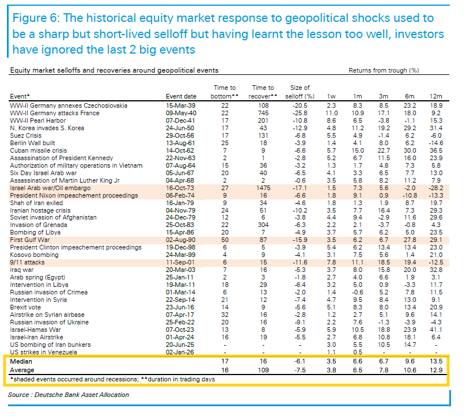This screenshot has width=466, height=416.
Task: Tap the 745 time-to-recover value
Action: (263, 113)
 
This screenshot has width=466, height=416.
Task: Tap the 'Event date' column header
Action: (181, 96)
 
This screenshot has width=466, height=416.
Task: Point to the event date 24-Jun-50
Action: (181, 127)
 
